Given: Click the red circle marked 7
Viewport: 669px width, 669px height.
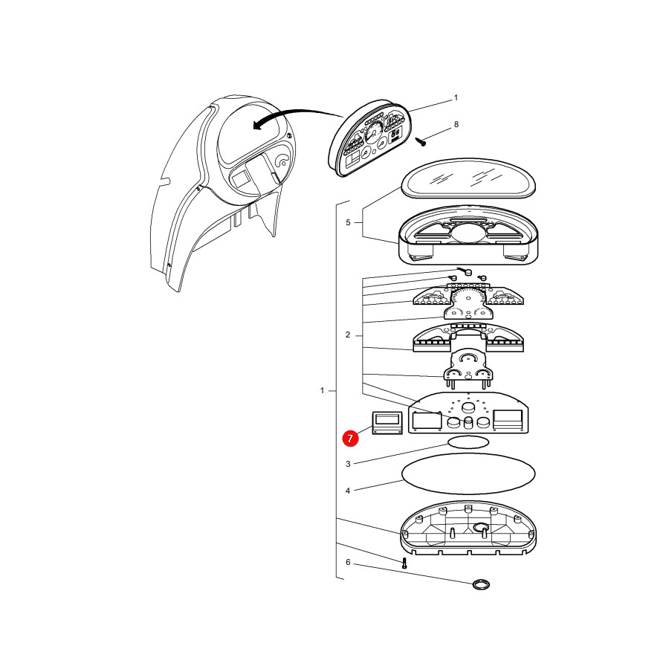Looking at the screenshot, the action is pos(350,438).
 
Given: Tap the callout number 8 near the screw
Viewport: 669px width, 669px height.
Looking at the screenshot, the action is pos(456,124).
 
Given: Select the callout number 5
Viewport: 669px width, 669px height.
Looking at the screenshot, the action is pos(348,222).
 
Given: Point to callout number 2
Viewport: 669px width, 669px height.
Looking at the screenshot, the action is pos(348,335).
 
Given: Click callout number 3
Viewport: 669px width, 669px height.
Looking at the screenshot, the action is pos(348,464).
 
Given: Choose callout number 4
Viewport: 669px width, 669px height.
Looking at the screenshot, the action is pos(348,491).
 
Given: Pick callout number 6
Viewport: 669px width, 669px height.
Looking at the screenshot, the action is pos(348,563).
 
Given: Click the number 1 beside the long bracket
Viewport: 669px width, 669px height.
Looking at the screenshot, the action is pos(322,390).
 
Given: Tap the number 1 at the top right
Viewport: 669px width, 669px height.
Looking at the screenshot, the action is pos(456,97).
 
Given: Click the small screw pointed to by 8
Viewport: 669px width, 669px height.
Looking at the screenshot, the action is pos(421,141).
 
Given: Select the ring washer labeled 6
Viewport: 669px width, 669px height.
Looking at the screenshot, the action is pos(481,584).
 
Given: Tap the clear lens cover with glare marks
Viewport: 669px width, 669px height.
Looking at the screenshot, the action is pos(468,178).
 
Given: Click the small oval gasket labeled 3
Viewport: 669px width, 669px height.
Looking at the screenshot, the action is pos(468,442).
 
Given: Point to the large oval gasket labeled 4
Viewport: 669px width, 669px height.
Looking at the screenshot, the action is pos(468,474).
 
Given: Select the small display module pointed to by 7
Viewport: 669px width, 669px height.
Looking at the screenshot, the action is pos(387,423).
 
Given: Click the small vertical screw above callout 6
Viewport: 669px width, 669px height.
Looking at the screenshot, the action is pos(404,563).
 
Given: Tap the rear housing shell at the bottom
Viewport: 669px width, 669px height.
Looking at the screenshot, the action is pos(468,528).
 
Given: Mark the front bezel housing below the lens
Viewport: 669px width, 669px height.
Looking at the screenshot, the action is pos(468,236).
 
